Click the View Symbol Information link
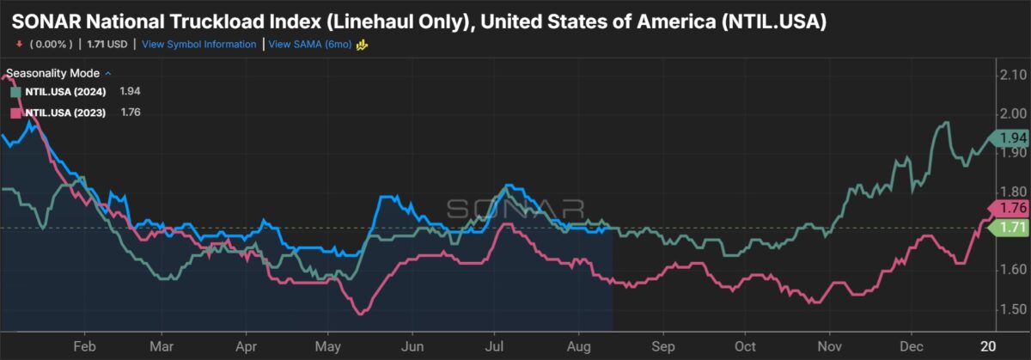(x=198, y=44)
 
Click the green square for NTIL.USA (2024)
(x=15, y=90)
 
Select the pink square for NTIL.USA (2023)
(x=15, y=112)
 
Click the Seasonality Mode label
(x=52, y=73)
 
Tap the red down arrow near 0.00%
(x=18, y=44)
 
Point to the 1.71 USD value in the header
(x=119, y=44)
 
